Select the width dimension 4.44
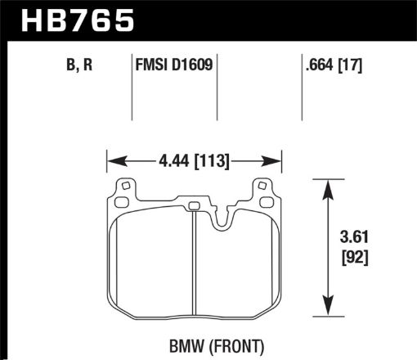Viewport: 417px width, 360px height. pos(165,161)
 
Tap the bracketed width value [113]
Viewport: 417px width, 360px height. pos(213,161)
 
